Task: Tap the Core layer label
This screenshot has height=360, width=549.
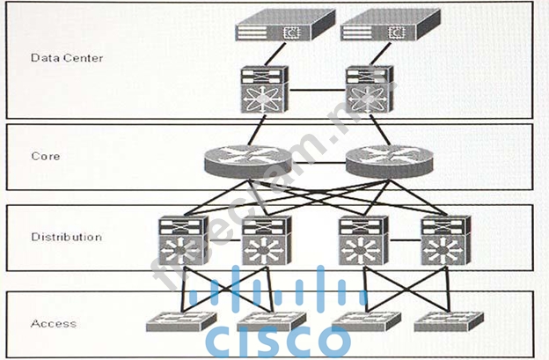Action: point(45,156)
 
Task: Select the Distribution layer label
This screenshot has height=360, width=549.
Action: point(67,237)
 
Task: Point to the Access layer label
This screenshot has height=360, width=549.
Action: point(54,323)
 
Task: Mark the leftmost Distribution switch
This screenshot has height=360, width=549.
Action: point(181,240)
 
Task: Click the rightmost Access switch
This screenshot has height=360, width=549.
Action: point(445,322)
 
